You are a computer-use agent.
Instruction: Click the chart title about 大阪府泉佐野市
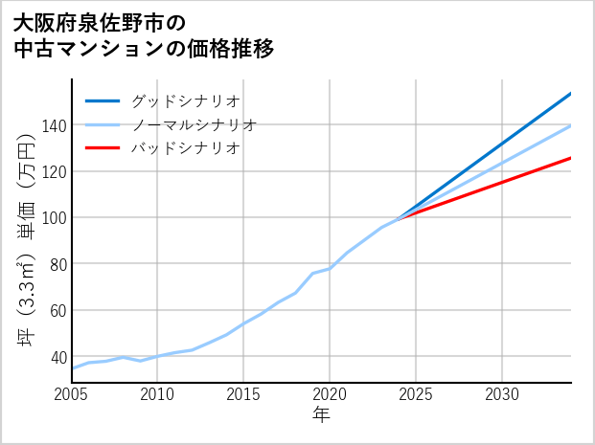(x=144, y=34)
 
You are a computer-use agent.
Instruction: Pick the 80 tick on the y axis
(x=57, y=263)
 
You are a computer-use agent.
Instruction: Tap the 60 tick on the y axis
(x=57, y=310)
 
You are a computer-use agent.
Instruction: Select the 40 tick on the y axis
(x=57, y=356)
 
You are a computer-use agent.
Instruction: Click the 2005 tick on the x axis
(x=72, y=394)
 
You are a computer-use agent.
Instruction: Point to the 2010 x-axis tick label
(x=157, y=394)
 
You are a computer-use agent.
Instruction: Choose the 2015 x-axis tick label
(x=243, y=394)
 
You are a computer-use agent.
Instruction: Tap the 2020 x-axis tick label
(x=330, y=394)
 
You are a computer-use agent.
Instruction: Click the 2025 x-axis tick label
(x=416, y=394)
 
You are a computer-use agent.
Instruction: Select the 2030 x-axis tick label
(x=502, y=394)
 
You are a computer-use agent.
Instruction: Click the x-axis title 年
(x=322, y=415)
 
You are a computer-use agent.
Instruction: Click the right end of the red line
(x=571, y=158)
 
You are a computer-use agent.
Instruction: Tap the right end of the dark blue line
(x=571, y=93)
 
